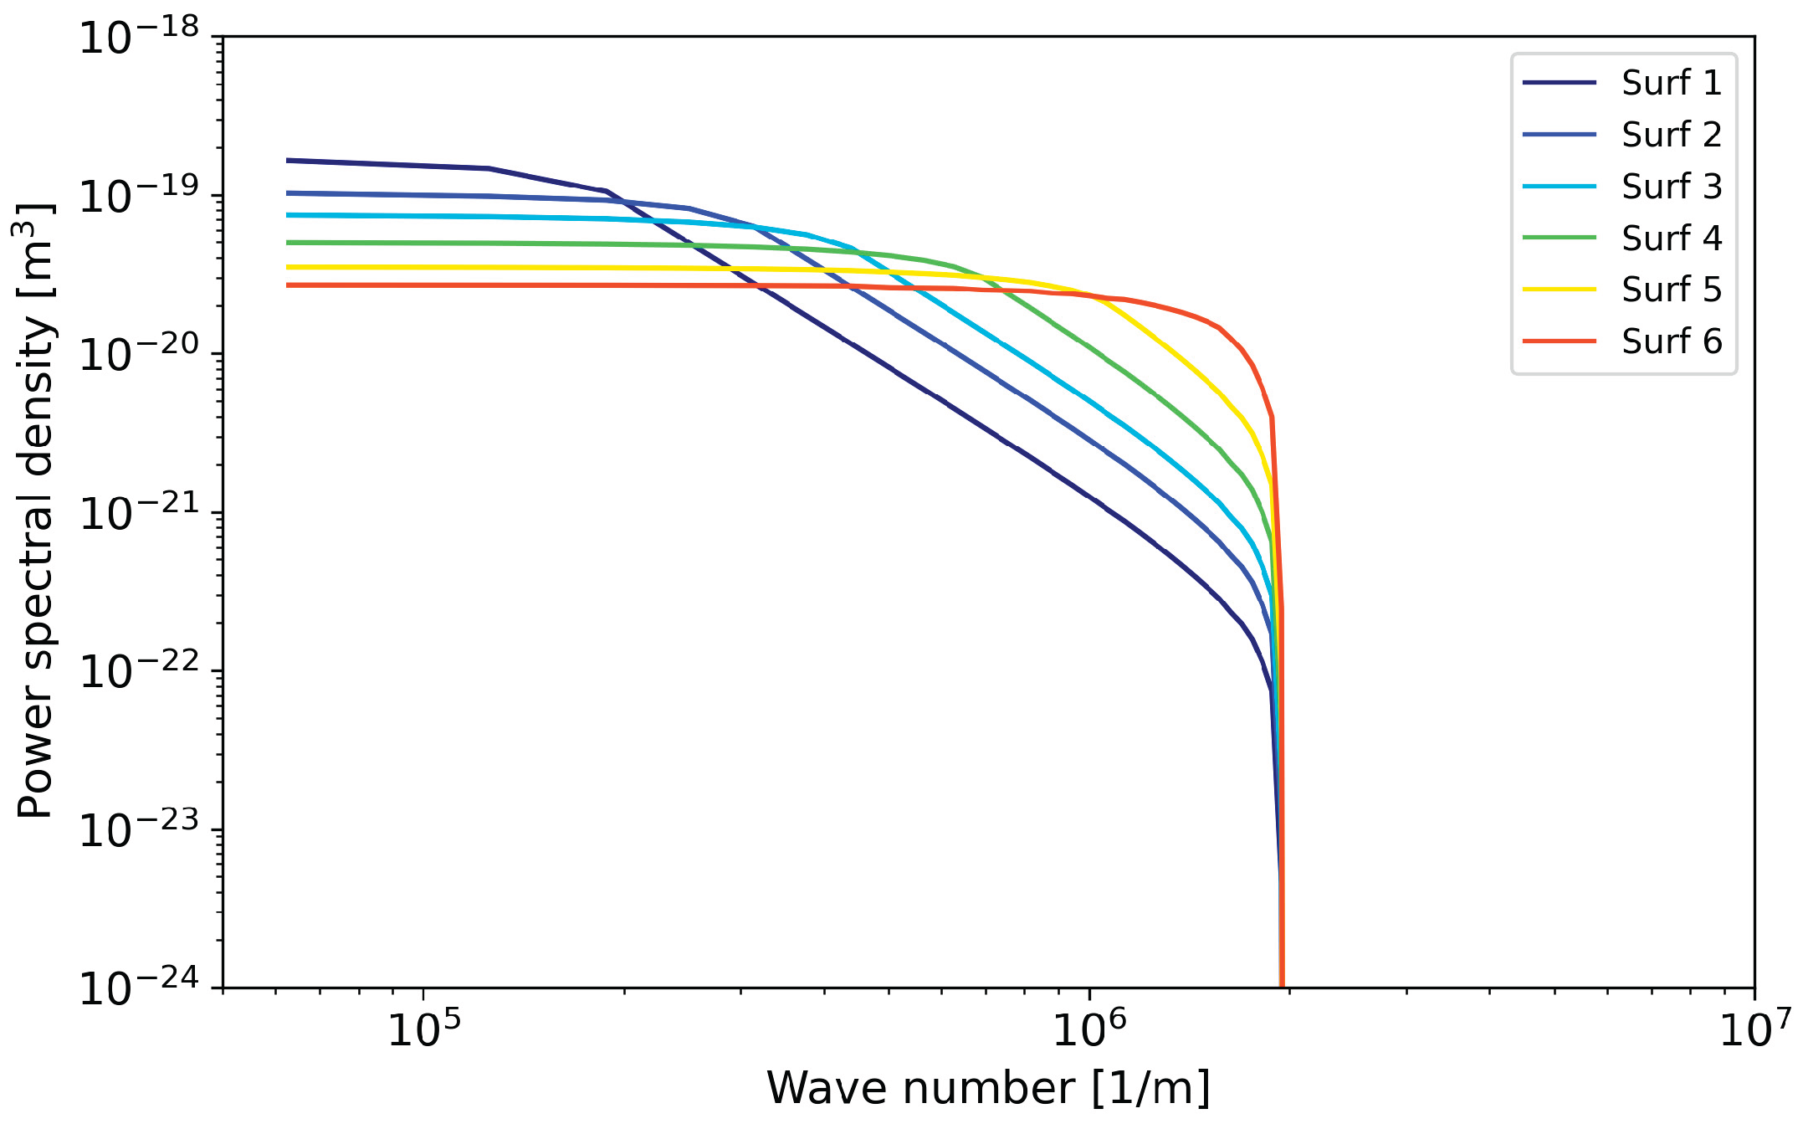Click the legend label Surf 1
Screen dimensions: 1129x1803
pyautogui.click(x=1671, y=83)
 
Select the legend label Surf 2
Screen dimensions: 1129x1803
pyautogui.click(x=1671, y=135)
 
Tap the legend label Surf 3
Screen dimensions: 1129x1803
pyautogui.click(x=1671, y=187)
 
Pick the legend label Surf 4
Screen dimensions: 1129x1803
pyautogui.click(x=1671, y=239)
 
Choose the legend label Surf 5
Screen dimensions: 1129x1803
pyautogui.click(x=1671, y=290)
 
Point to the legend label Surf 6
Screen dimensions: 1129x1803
pyautogui.click(x=1671, y=341)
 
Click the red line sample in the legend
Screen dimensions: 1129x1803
pyautogui.click(x=1560, y=341)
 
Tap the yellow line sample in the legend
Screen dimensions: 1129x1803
pyautogui.click(x=1560, y=290)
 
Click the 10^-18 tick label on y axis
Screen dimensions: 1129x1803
pyautogui.click(x=139, y=38)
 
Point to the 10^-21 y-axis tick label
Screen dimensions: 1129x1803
pyautogui.click(x=139, y=513)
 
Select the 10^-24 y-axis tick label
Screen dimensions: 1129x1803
pyautogui.click(x=139, y=988)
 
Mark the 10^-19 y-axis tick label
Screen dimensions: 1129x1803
pyautogui.click(x=139, y=197)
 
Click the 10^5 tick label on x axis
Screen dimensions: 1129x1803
pyautogui.click(x=424, y=1029)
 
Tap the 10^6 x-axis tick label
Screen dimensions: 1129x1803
pyautogui.click(x=1089, y=1029)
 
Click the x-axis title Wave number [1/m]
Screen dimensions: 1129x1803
pyautogui.click(x=988, y=1089)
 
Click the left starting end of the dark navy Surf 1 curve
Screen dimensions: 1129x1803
pyautogui.click(x=289, y=160)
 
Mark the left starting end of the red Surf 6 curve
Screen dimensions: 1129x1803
pyautogui.click(x=289, y=285)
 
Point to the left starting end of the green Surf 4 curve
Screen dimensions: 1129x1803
pyautogui.click(x=289, y=243)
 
